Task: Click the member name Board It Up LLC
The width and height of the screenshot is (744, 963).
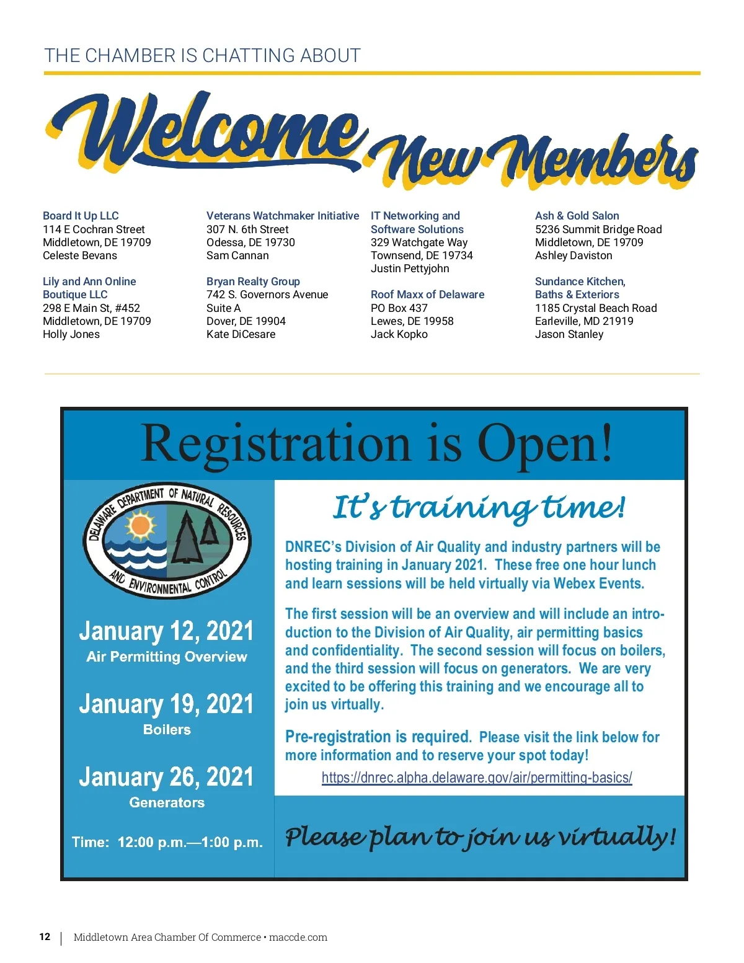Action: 81,216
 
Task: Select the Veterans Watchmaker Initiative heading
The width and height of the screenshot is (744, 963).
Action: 282,216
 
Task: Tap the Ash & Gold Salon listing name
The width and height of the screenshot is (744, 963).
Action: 577,216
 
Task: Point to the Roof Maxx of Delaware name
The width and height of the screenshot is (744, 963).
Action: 427,295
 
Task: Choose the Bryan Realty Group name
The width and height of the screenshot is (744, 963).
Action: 253,282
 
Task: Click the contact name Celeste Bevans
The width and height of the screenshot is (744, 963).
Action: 79,255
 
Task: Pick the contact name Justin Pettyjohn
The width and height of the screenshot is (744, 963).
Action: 410,268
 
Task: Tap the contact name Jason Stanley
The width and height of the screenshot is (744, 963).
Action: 569,334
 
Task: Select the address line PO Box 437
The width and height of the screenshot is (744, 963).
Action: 399,308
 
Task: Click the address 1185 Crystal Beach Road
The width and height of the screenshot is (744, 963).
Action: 595,308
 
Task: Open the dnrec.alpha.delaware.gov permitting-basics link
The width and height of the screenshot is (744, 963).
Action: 476,778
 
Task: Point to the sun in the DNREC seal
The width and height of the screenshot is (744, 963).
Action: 140,525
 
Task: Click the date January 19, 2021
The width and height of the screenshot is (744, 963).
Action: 166,704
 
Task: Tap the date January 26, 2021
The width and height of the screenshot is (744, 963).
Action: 166,777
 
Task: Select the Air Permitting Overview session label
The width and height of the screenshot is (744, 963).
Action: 167,657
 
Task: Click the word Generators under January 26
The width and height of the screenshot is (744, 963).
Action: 167,802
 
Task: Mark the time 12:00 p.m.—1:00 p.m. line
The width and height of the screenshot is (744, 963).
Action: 167,842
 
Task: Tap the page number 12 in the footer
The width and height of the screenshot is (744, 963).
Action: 45,937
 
